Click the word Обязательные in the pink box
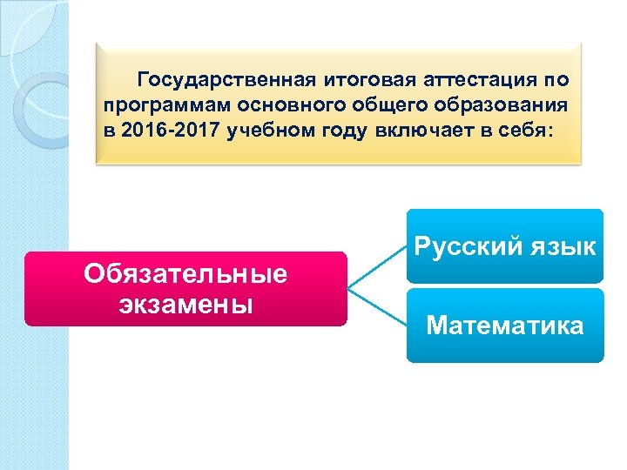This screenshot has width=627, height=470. tap(185, 275)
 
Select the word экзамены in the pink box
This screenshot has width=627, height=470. tap(185, 305)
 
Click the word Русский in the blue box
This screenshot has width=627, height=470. tap(465, 247)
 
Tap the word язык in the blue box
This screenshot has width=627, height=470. tap(557, 247)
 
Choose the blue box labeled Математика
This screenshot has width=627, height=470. tap(505, 326)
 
